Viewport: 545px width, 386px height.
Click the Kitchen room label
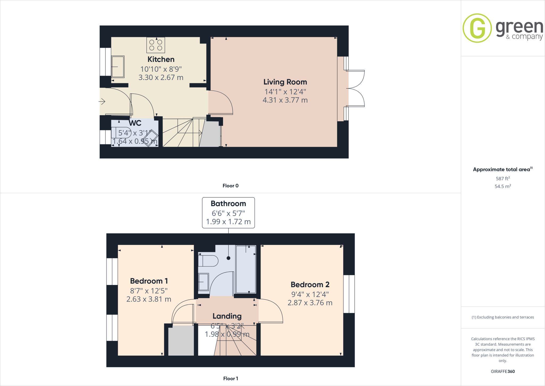click(161, 59)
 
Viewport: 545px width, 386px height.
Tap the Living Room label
click(285, 82)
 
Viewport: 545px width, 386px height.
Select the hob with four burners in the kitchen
click(156, 45)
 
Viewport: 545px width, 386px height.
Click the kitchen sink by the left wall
click(118, 67)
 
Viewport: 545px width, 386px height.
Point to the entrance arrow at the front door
click(102, 102)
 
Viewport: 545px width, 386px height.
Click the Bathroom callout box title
click(228, 204)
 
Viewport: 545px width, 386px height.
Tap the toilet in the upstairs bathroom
click(208, 261)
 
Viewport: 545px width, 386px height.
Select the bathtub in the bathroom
click(246, 269)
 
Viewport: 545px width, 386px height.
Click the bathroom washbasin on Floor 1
click(204, 282)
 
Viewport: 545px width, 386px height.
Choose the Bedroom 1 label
click(149, 281)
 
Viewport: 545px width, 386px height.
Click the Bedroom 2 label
click(310, 285)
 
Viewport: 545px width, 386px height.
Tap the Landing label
click(227, 316)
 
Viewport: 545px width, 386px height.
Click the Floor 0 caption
click(230, 186)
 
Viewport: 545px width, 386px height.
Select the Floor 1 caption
click(230, 379)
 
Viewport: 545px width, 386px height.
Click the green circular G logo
click(477, 28)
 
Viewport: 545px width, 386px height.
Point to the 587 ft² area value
click(503, 179)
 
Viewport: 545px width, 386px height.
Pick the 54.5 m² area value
click(503, 186)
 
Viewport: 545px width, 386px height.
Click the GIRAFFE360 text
click(503, 371)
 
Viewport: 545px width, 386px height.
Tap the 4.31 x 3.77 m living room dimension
click(285, 100)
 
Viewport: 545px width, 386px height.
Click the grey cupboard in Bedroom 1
click(181, 341)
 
